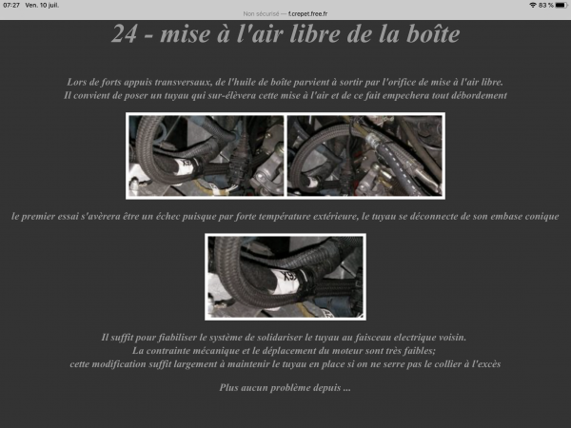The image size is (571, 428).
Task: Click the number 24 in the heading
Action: [124, 34]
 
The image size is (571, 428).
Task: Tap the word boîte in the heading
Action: [433, 34]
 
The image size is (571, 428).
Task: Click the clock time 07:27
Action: [11, 5]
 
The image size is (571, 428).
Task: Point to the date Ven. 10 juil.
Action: [42, 5]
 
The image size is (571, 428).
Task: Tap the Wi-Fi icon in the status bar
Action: [533, 5]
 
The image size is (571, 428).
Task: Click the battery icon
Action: [561, 5]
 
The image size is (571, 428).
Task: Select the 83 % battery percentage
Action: [546, 5]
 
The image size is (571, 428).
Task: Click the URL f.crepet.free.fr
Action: [307, 14]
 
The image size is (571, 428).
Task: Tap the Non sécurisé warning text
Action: [261, 14]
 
